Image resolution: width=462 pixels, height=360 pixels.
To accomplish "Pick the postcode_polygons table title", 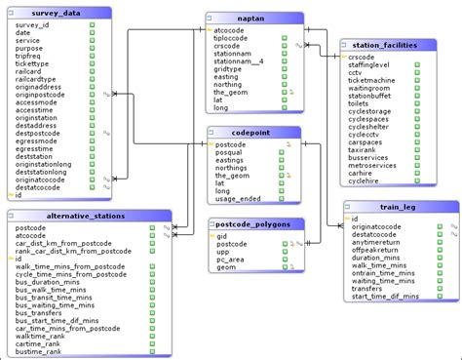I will (x=255, y=223).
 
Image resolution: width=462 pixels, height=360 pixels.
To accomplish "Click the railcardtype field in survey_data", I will (x=37, y=77).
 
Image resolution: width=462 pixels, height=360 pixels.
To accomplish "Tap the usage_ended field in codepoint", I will (x=237, y=198).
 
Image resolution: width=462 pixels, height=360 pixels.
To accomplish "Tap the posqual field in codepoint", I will (x=230, y=153).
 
